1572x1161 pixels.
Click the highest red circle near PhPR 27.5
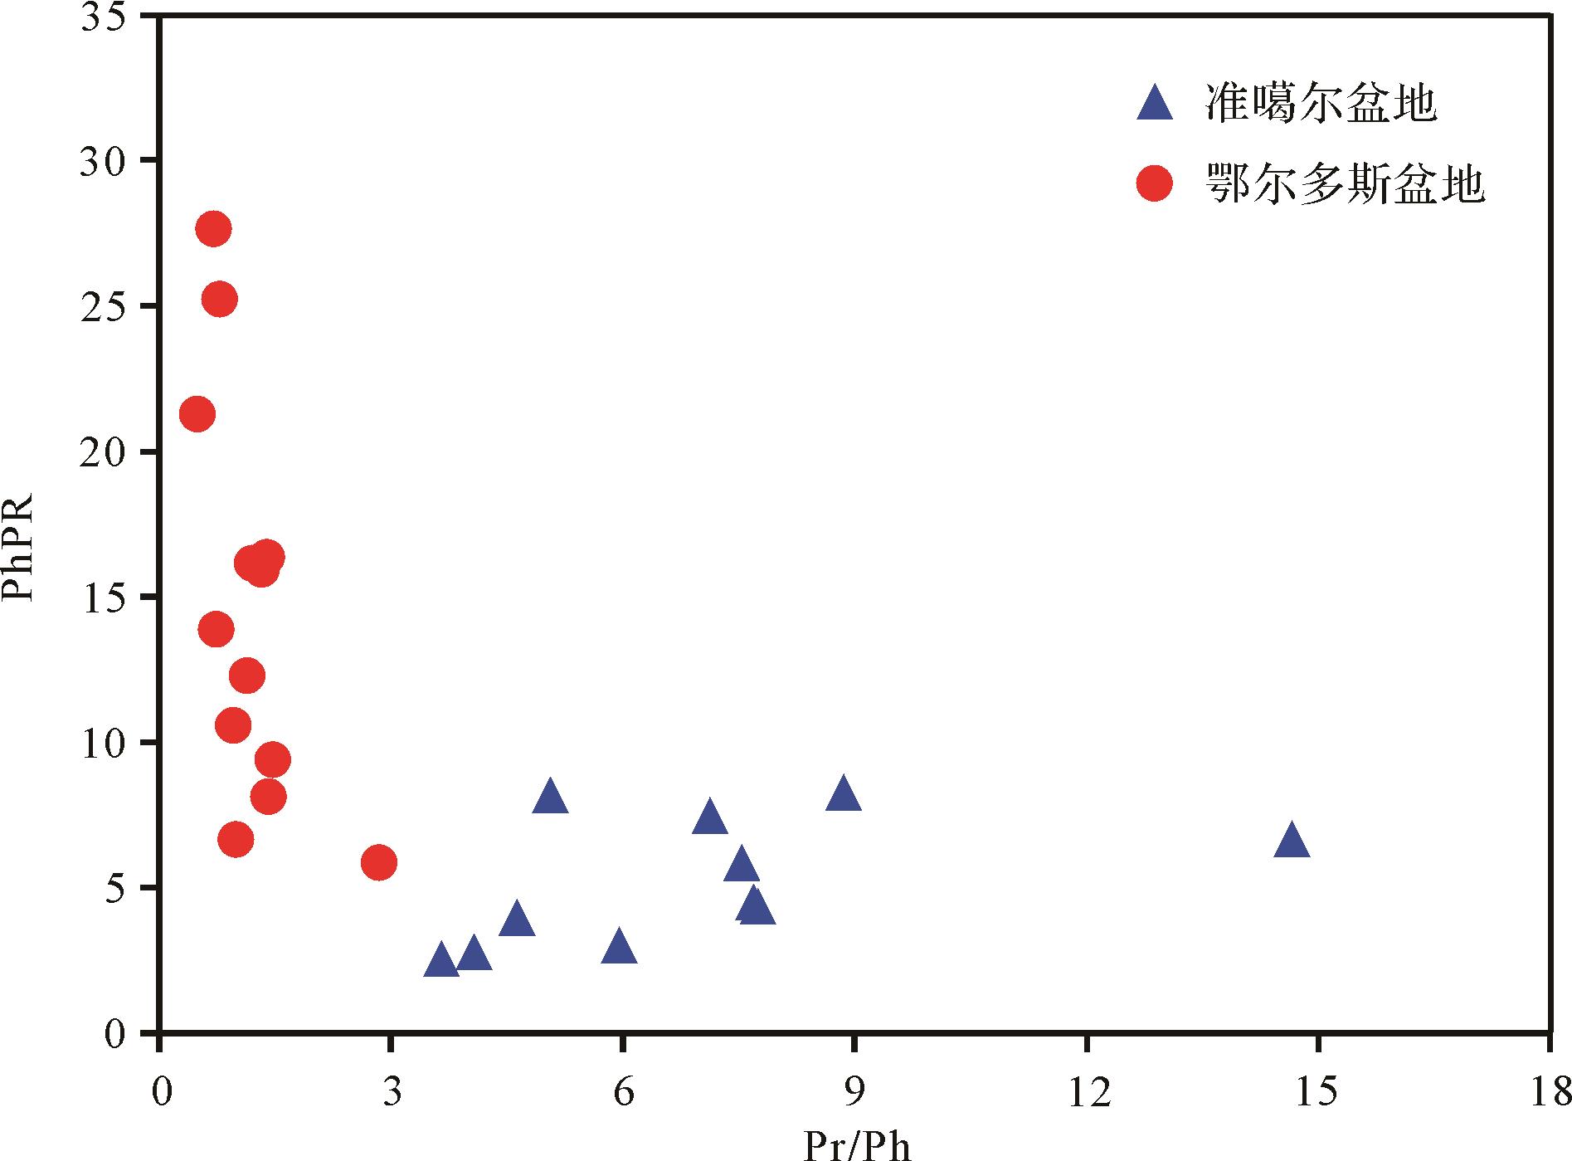tap(213, 229)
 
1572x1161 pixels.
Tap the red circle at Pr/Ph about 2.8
tap(379, 863)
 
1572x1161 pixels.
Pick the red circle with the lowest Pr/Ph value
tap(197, 413)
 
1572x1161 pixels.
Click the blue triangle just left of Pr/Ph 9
tap(844, 794)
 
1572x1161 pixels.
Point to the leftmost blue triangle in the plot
tap(440, 961)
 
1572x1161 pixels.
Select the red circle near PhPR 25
tap(219, 299)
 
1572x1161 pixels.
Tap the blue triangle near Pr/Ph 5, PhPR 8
tap(550, 798)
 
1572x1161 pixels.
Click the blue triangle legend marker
tap(1155, 105)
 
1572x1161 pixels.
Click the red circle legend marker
tap(1155, 184)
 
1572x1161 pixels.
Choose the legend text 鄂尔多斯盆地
tap(1344, 184)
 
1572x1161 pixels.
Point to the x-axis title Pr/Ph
tap(857, 1146)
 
